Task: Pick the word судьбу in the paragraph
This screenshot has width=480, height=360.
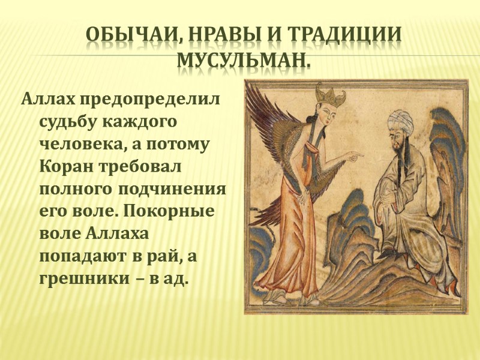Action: click(x=64, y=121)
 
